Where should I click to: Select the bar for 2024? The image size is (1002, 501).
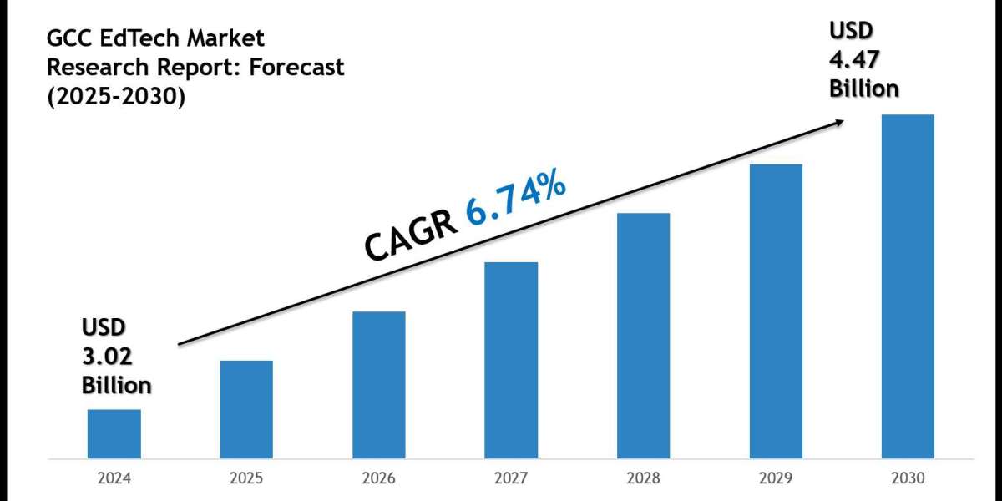pyautogui.click(x=114, y=433)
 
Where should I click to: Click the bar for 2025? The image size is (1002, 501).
pyautogui.click(x=246, y=409)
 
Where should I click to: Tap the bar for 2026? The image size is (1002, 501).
pyautogui.click(x=378, y=385)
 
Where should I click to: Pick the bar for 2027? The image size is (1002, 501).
pyautogui.click(x=511, y=360)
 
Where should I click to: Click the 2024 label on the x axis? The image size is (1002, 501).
pyautogui.click(x=114, y=480)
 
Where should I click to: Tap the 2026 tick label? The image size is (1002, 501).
pyautogui.click(x=378, y=480)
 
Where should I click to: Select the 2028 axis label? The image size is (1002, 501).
pyautogui.click(x=643, y=480)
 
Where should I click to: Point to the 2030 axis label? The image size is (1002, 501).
pyautogui.click(x=908, y=480)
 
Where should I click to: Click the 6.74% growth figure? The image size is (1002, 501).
pyautogui.click(x=516, y=198)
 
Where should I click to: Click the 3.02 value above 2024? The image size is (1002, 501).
pyautogui.click(x=106, y=355)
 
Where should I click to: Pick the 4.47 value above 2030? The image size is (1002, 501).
pyautogui.click(x=853, y=59)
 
